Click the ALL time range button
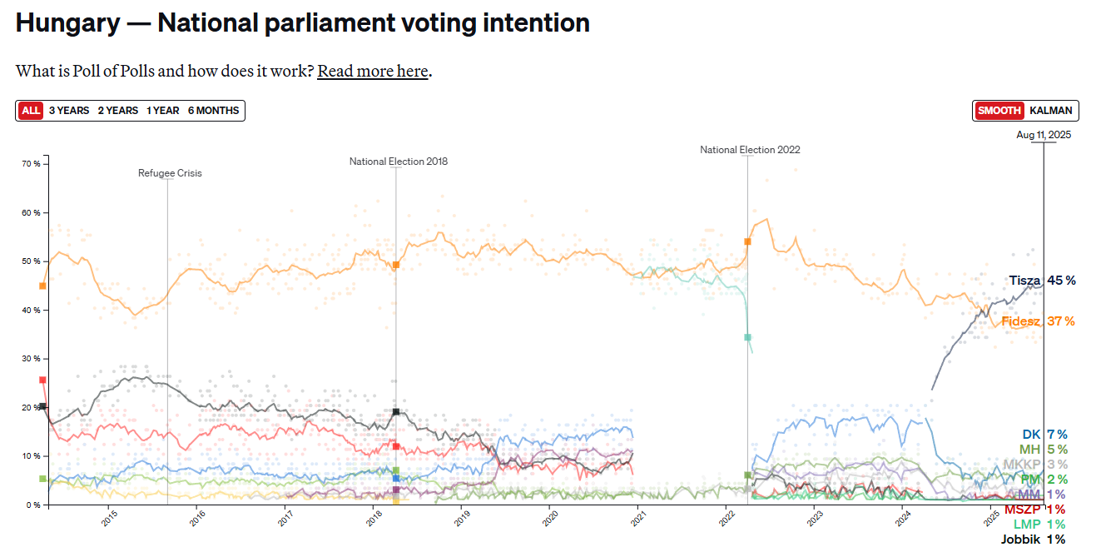(31, 111)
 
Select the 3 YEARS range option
(68, 111)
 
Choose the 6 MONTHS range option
(213, 111)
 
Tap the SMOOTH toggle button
(999, 111)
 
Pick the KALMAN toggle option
(1051, 111)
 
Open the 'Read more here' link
(372, 72)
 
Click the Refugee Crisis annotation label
(170, 173)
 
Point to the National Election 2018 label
(398, 162)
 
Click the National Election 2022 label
(749, 150)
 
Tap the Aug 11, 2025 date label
(1044, 135)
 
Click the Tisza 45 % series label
(1042, 281)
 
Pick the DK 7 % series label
(1044, 435)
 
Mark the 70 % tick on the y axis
(31, 164)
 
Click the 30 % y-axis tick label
(31, 359)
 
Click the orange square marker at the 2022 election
(747, 241)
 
